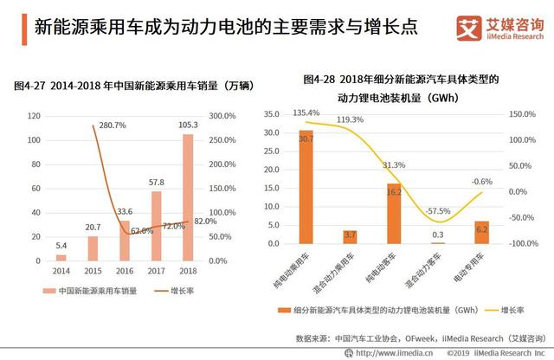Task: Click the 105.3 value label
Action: tap(189, 125)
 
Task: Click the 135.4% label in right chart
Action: tap(308, 112)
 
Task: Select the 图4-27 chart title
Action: tap(121, 87)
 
